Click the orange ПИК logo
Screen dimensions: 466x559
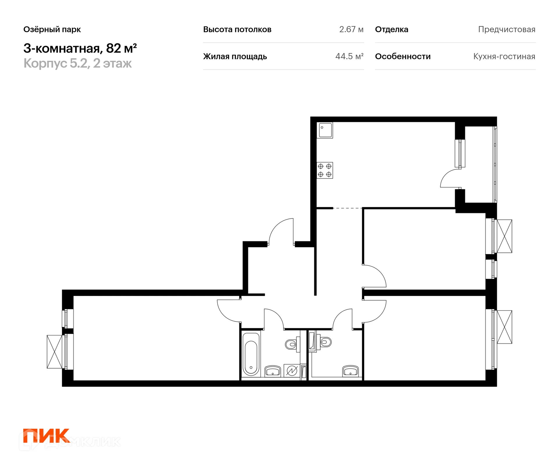tap(46, 436)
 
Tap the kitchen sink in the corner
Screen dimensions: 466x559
tap(325, 130)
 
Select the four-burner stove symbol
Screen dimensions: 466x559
tap(325, 170)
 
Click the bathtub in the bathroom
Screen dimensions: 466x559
tap(251, 354)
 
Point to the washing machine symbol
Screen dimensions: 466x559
tap(292, 371)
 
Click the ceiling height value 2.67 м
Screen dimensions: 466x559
tap(351, 29)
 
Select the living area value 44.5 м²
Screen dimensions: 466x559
tap(349, 56)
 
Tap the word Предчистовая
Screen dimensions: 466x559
tap(507, 29)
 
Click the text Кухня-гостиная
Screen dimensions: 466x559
tap(504, 56)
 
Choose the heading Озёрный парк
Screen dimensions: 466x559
tap(52, 29)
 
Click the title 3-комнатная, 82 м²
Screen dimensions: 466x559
tap(80, 48)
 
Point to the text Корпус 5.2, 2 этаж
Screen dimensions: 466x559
tap(77, 63)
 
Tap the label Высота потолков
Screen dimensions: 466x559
tap(237, 29)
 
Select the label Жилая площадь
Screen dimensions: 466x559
tap(235, 56)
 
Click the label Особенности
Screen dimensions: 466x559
tap(403, 56)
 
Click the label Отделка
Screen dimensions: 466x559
tap(392, 29)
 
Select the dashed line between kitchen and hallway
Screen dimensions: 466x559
tap(347, 208)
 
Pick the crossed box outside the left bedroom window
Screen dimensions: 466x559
tap(54, 352)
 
